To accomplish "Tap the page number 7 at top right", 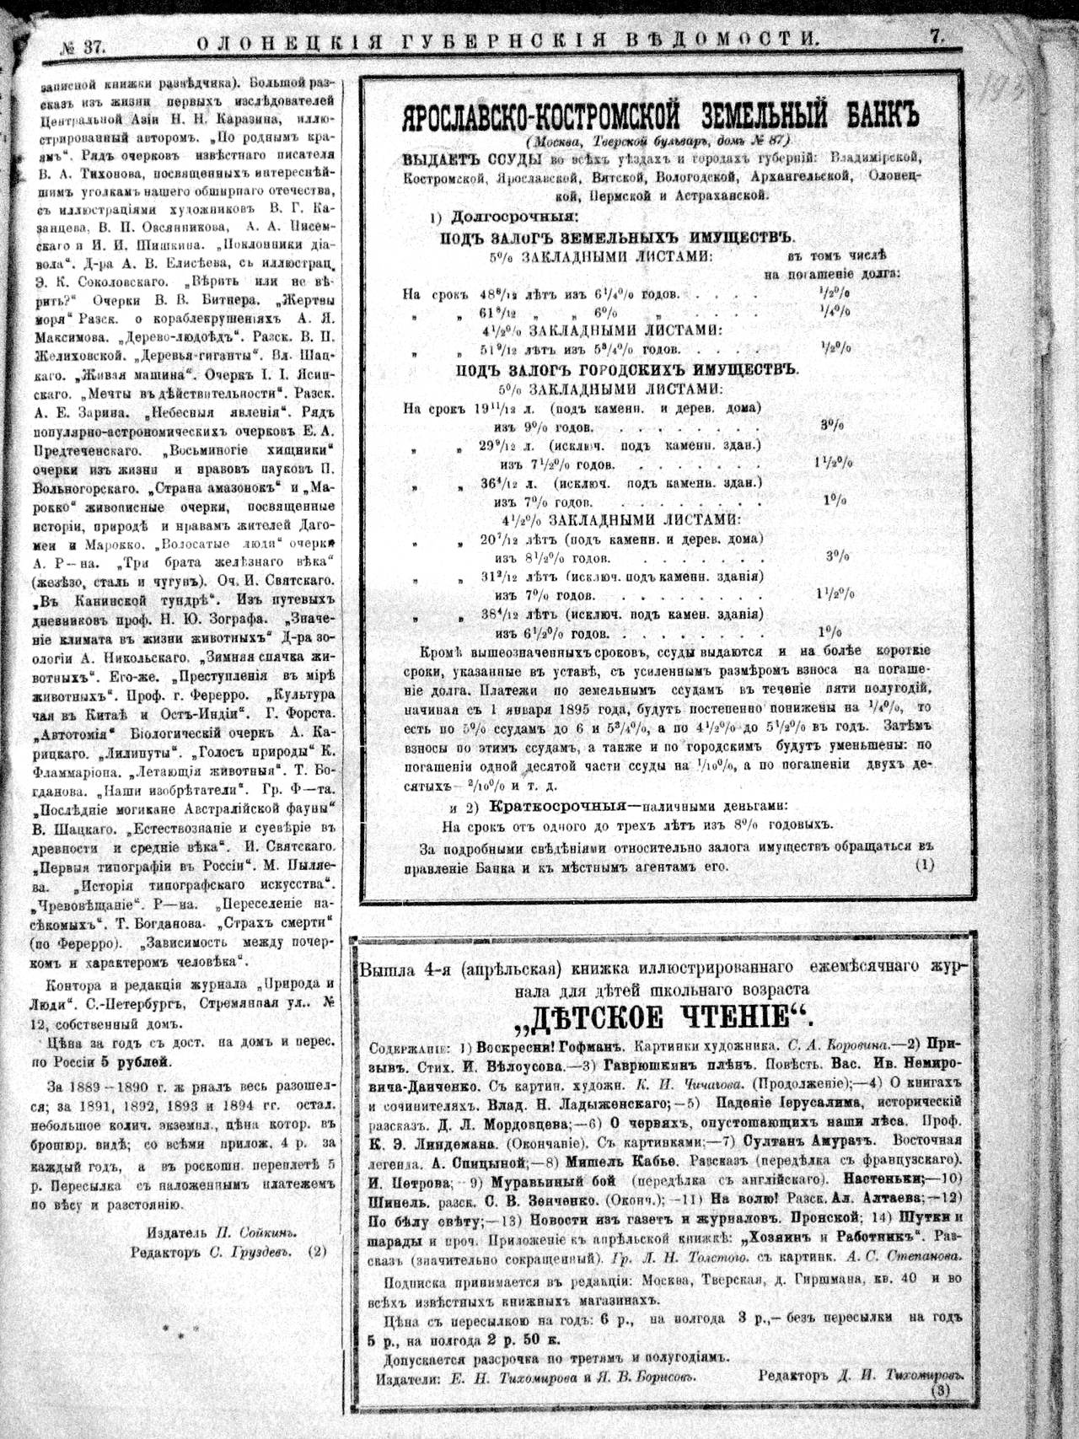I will point(937,36).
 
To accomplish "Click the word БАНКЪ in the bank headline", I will point(878,115).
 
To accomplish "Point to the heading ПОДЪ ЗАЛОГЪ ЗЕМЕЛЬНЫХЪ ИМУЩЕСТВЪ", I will point(619,239).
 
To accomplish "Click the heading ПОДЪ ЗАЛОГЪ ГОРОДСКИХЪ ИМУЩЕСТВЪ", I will point(627,369).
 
